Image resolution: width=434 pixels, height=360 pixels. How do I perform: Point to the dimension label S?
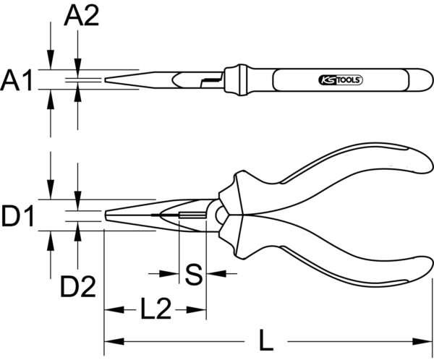[x=192, y=274]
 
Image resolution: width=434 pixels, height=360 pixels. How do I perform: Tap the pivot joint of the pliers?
[x=218, y=215]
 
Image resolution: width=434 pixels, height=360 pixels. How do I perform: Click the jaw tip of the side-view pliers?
[x=108, y=215]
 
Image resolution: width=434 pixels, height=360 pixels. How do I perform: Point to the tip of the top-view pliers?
[x=108, y=80]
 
